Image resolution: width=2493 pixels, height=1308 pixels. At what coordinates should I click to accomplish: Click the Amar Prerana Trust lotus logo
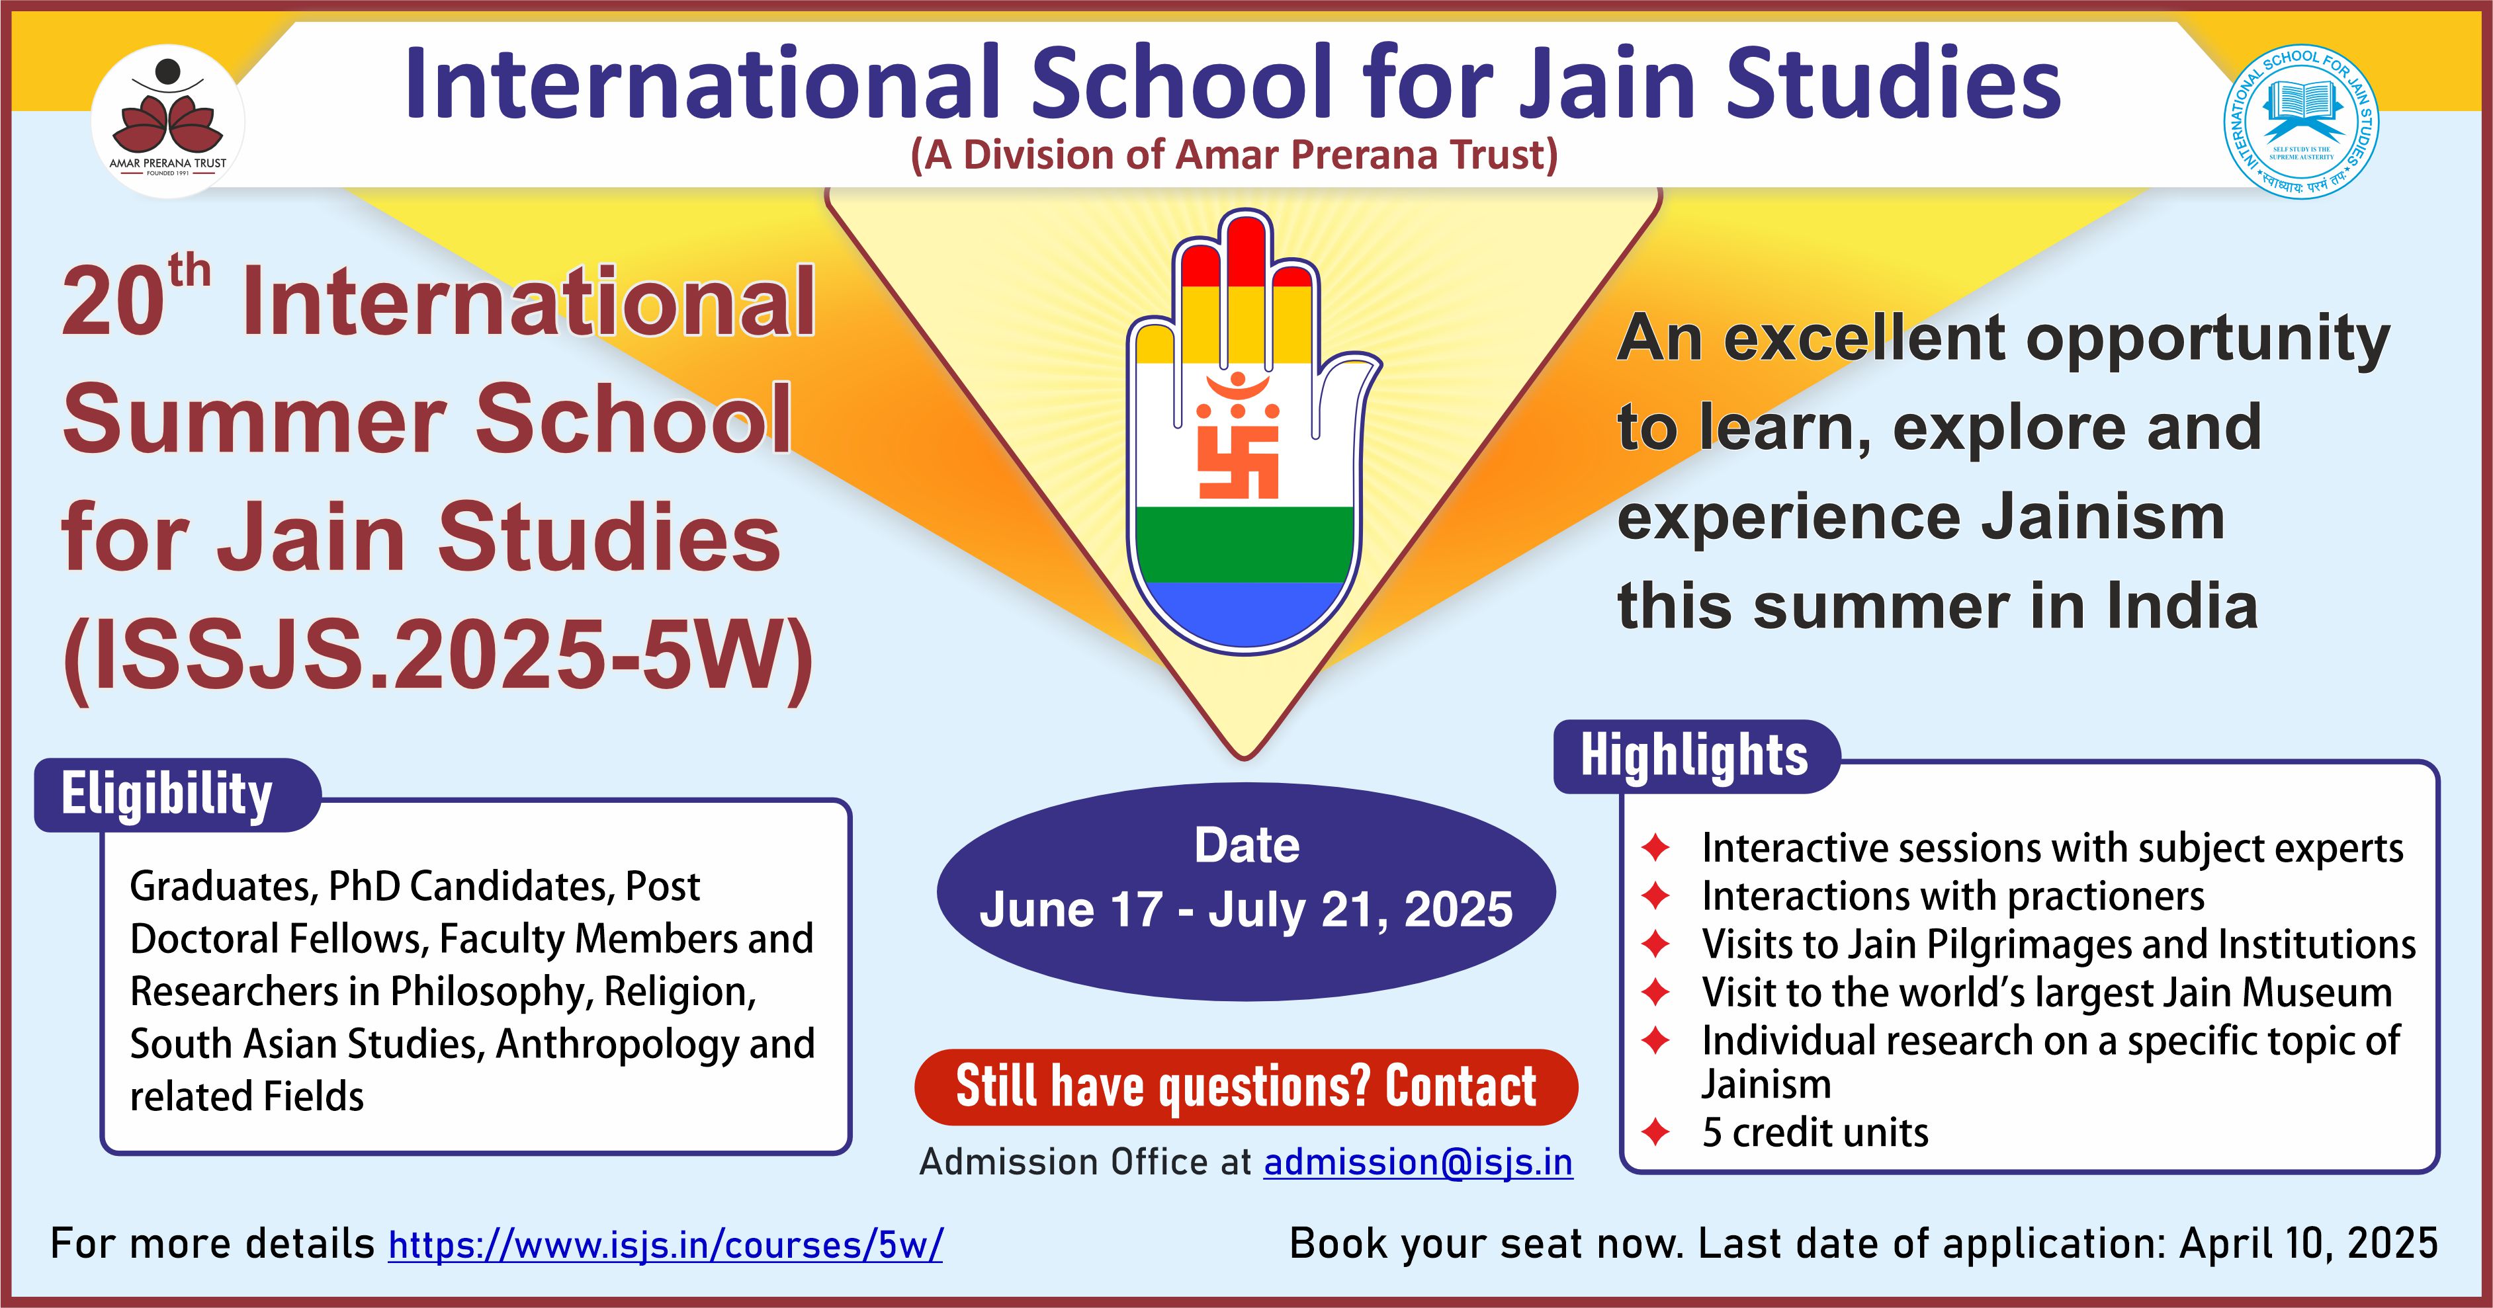tap(167, 121)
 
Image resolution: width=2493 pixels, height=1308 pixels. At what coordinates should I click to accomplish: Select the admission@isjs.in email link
tap(1418, 1162)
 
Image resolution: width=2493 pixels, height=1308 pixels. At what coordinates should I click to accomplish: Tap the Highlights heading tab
tap(1696, 756)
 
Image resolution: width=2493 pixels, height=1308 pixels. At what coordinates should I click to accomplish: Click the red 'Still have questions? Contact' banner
tap(1246, 1086)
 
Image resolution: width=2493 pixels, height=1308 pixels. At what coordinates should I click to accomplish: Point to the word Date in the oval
tap(1246, 844)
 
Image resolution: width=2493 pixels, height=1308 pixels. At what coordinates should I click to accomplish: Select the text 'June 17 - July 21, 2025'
tap(1246, 909)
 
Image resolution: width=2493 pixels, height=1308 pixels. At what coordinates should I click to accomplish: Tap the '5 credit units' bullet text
tap(1815, 1132)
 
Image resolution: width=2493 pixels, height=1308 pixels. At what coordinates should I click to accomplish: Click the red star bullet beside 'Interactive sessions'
tap(1656, 848)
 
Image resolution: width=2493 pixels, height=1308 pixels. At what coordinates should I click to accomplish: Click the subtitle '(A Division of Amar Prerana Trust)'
tap(1234, 155)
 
